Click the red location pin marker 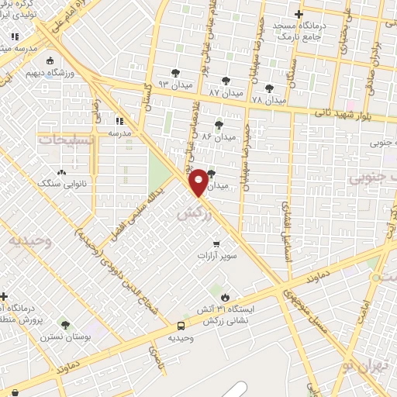(198, 181)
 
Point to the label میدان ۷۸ (270, 100)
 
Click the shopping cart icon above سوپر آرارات (205, 244)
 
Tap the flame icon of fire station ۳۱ (225, 297)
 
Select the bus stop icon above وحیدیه (181, 326)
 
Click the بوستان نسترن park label (64, 337)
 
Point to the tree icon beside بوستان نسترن (64, 325)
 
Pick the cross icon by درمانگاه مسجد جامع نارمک (299, 15)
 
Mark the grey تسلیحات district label (67, 140)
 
